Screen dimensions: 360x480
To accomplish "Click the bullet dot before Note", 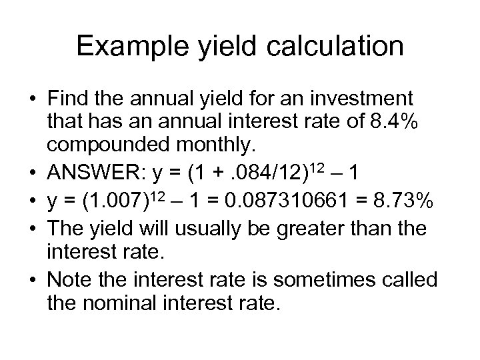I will pyautogui.click(x=35, y=277).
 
